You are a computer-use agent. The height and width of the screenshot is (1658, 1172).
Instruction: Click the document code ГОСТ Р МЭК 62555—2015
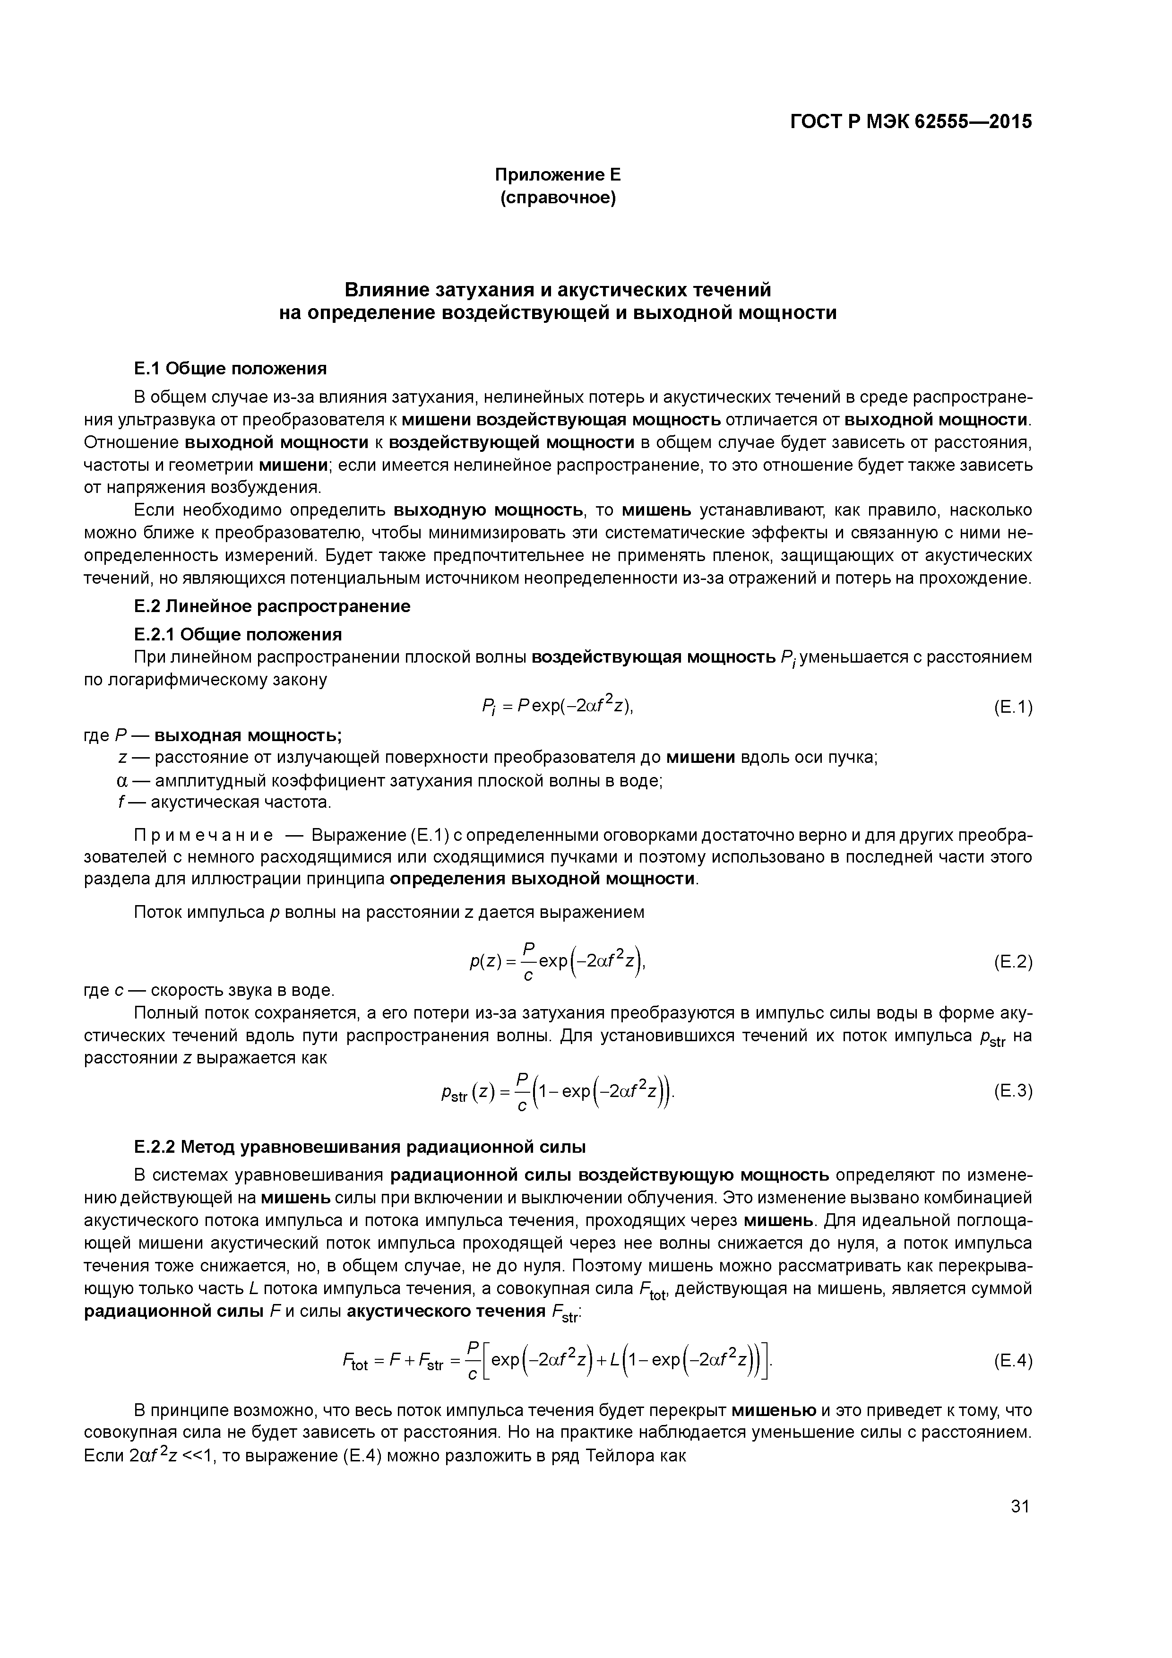coord(911,122)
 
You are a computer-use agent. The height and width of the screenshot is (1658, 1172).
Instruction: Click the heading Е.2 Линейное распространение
coord(272,606)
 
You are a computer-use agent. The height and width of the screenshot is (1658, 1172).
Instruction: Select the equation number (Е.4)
coord(1012,1361)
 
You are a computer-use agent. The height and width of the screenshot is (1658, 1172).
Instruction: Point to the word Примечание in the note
coord(204,836)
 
